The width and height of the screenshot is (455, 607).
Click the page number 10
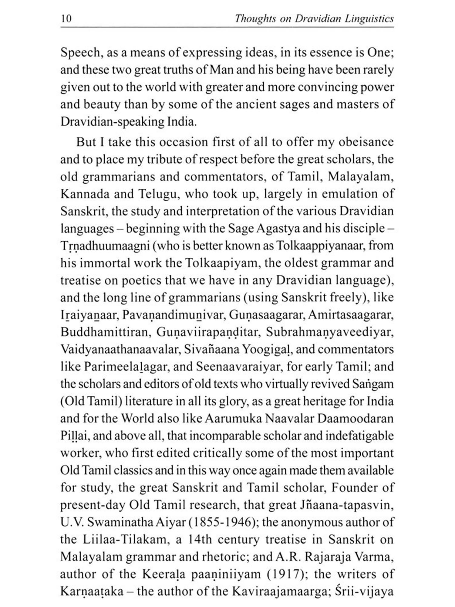(66, 19)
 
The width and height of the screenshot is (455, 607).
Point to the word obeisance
(366, 142)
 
